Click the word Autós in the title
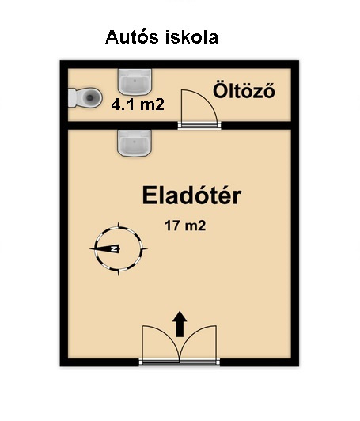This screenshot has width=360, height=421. pos(132,37)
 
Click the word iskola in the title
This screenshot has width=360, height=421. pos(191,37)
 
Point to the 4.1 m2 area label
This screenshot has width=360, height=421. pos(138,104)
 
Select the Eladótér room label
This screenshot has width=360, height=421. pos(191,195)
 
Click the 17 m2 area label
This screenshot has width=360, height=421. pos(185,226)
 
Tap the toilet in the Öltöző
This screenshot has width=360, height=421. pos(85,97)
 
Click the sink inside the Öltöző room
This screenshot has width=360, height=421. pos(135,82)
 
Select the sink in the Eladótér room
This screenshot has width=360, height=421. pos(135,143)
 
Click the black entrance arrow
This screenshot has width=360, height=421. pos(180,324)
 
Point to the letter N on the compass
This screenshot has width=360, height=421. pos(116,249)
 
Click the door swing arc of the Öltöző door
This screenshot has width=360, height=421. pos(207,99)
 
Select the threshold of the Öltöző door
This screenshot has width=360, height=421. pos(199,125)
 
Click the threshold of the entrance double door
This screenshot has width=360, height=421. pos(180,362)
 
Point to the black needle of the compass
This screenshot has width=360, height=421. pos(104,249)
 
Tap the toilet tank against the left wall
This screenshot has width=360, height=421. pos(72,98)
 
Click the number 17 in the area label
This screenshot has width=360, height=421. pos(172,226)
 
